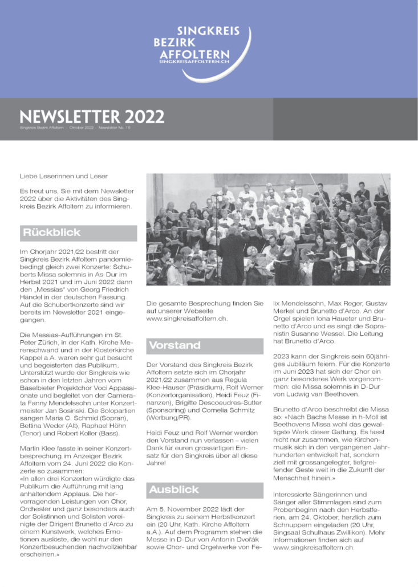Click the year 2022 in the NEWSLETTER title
point(143,117)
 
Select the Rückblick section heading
point(52,233)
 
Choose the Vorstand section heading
point(174,345)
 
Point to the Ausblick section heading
point(174,490)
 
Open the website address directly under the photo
point(187,319)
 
